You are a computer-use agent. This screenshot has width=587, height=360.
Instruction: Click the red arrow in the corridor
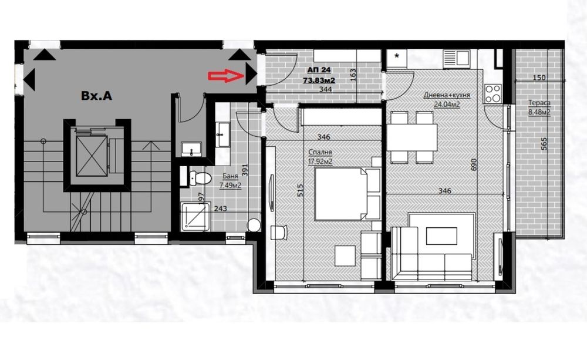tap(225, 75)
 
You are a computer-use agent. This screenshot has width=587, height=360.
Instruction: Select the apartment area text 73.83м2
tap(319, 80)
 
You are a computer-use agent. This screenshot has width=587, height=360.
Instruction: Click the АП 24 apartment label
tap(318, 68)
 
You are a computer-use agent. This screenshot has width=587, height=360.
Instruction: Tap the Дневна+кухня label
tap(441, 95)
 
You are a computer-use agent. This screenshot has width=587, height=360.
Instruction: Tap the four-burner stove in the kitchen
tap(492, 93)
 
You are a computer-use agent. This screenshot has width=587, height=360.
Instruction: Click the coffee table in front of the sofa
tap(441, 234)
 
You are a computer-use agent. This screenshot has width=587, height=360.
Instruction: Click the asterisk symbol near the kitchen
tap(397, 57)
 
